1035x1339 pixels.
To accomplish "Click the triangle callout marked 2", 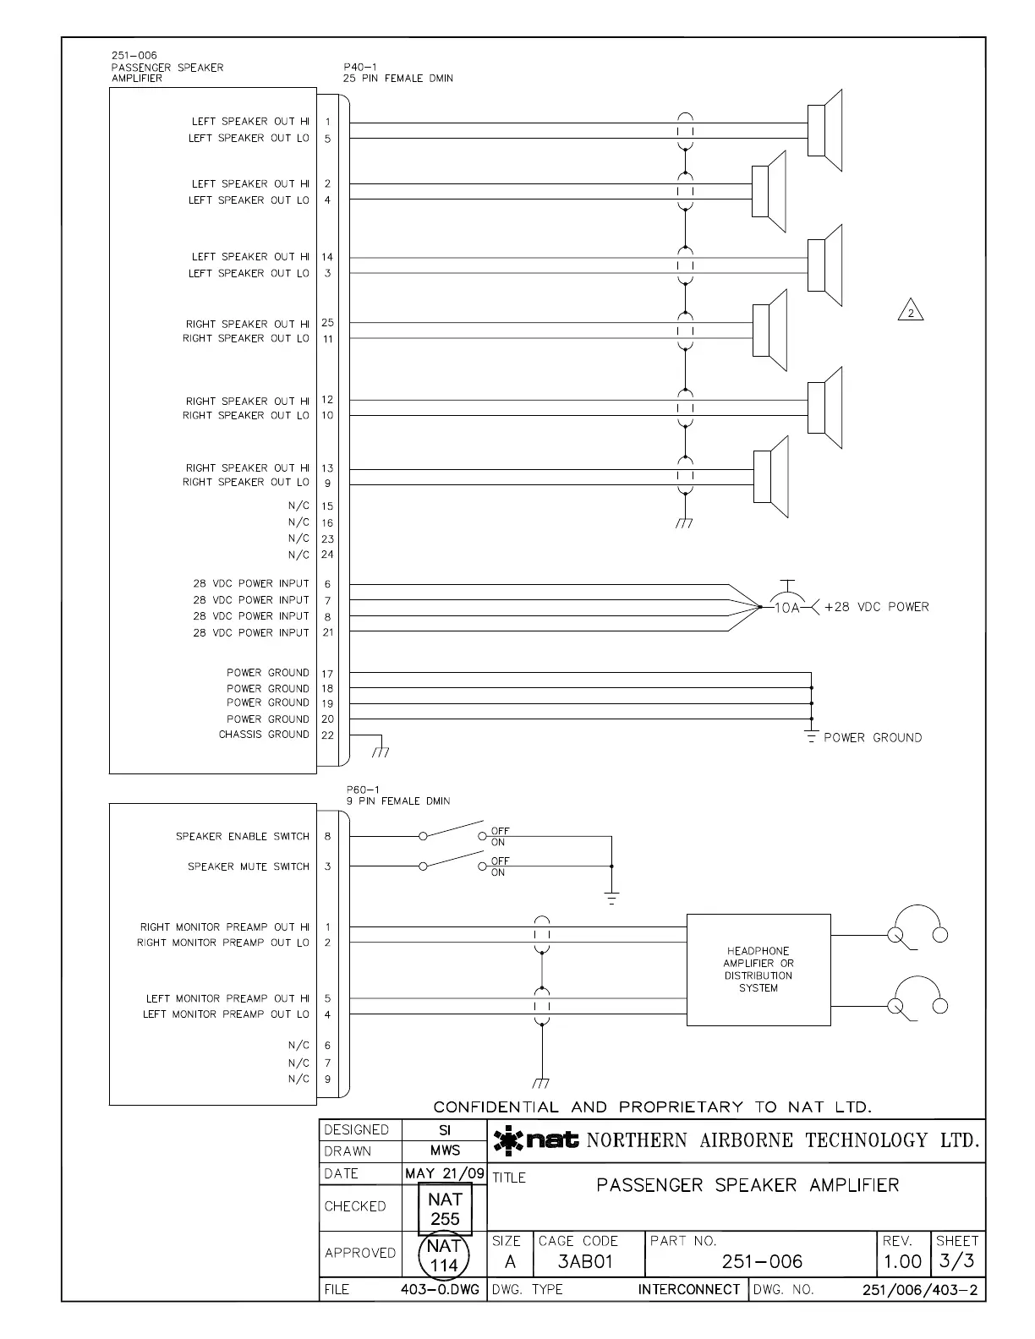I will click(x=911, y=312).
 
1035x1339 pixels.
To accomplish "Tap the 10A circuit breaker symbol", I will click(x=786, y=605).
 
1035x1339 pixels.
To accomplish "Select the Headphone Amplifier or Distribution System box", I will click(x=758, y=970).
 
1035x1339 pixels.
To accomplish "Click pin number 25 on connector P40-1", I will click(x=328, y=323).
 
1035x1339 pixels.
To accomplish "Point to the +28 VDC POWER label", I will click(x=876, y=607).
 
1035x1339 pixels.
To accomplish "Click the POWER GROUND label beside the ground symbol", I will click(x=873, y=738).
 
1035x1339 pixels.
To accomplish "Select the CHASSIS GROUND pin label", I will click(x=264, y=735).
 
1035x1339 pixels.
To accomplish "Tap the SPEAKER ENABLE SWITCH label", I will click(x=243, y=837).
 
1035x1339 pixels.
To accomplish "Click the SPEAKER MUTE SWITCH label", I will click(x=249, y=866).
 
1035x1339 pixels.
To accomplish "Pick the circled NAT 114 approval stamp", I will click(x=444, y=1255).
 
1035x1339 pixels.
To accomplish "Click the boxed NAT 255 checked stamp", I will click(x=445, y=1209).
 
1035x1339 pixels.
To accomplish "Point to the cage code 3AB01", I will click(x=585, y=1262).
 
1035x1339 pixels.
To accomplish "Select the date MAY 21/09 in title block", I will click(x=445, y=1173).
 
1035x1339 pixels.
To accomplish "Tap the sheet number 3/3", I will click(x=957, y=1262).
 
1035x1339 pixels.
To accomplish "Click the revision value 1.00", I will click(x=902, y=1262).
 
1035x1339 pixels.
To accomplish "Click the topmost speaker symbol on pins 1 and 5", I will click(x=824, y=129).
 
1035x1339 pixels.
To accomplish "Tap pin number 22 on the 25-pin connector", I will click(x=328, y=735).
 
